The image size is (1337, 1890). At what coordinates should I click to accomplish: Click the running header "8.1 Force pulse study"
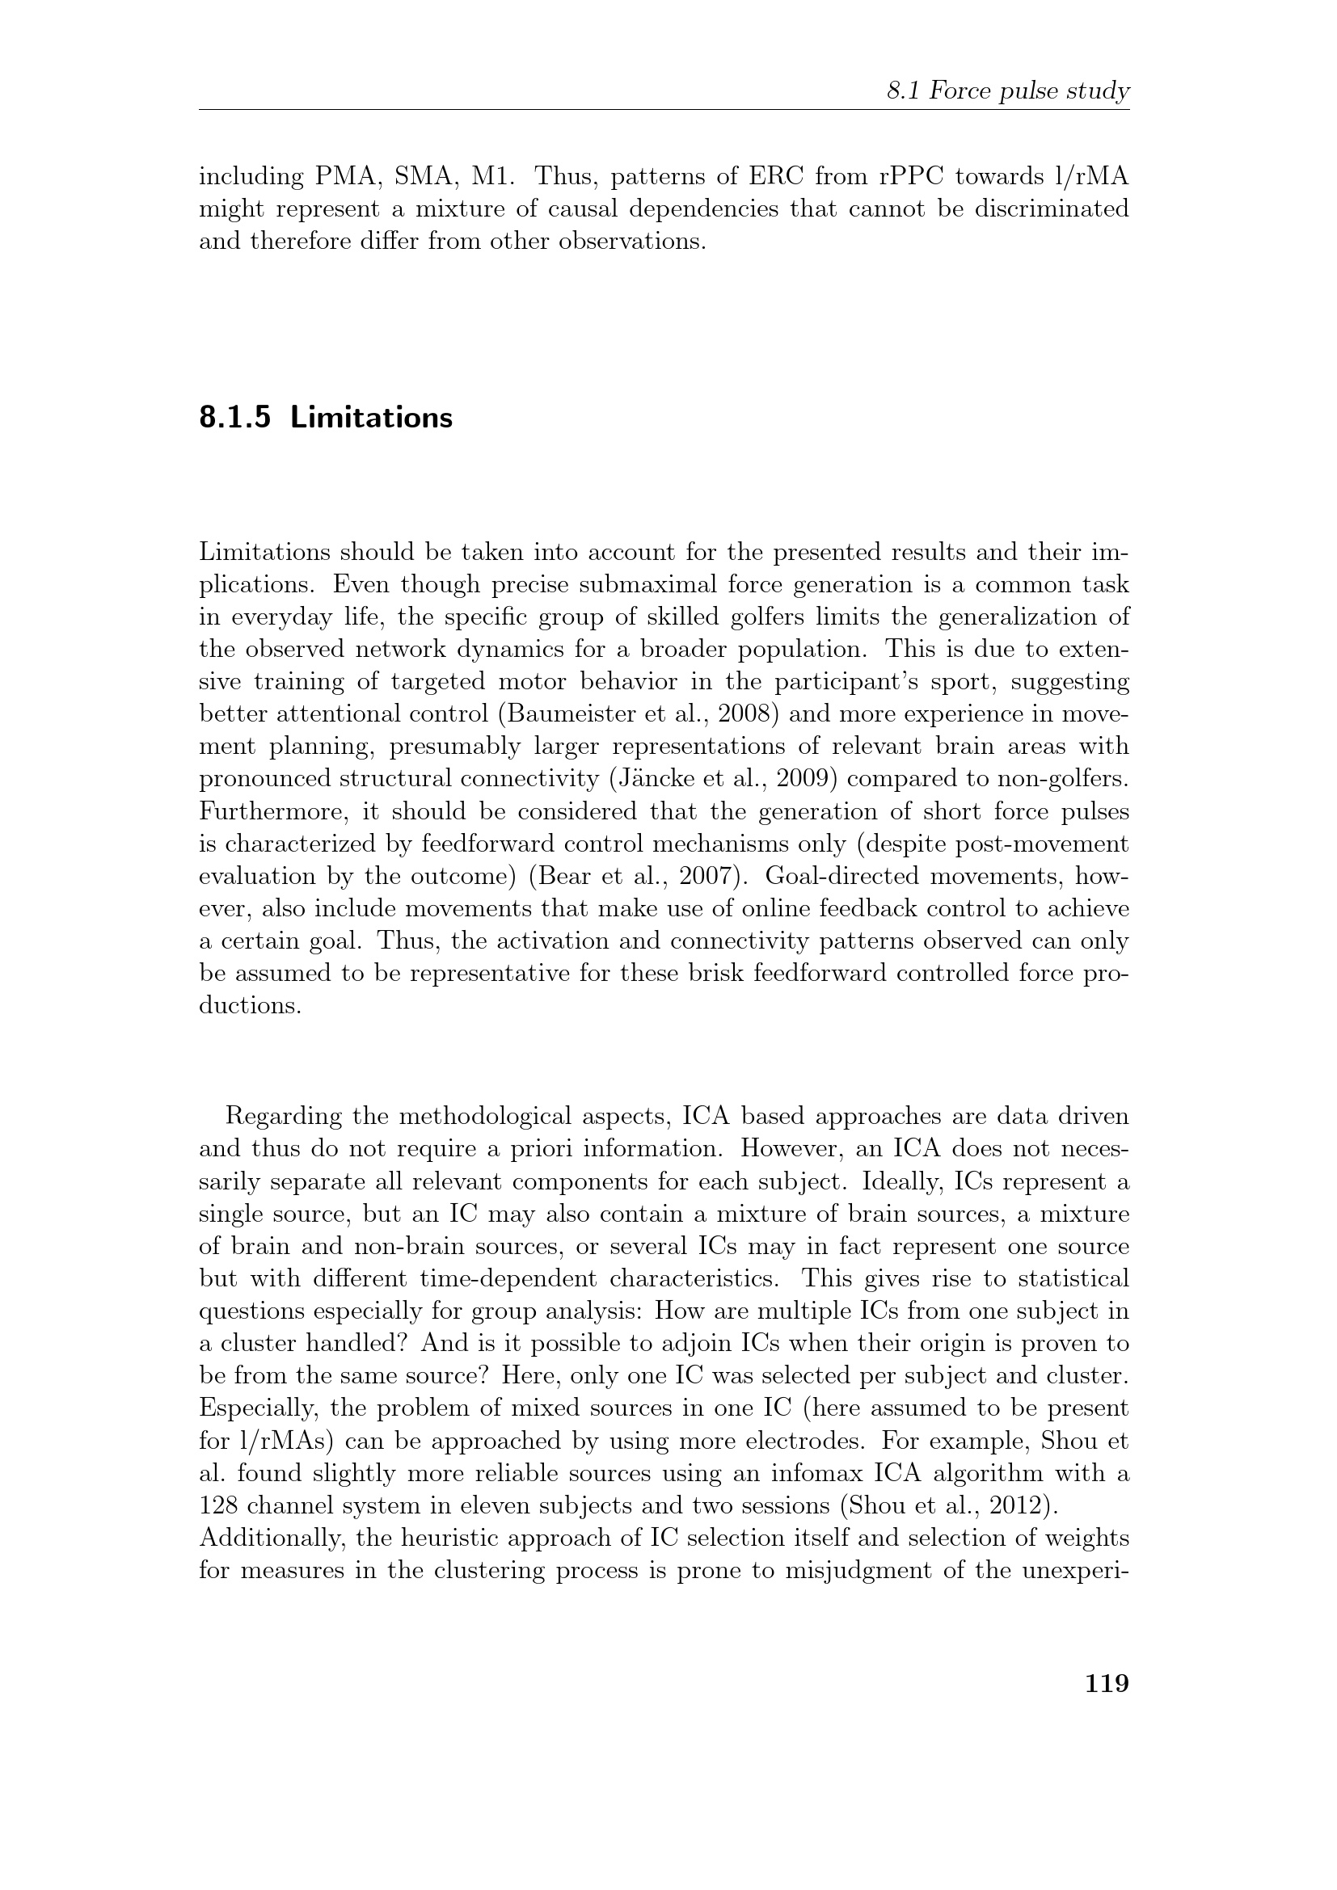[x=1007, y=91]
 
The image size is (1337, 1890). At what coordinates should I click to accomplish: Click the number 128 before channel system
[x=217, y=1505]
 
